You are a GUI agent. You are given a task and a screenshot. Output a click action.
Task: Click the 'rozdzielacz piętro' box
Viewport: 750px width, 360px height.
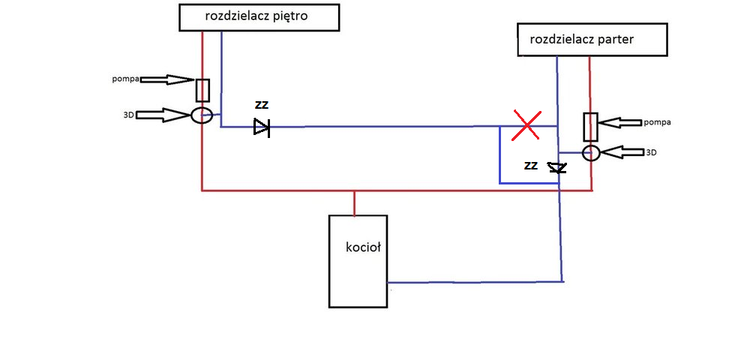click(259, 16)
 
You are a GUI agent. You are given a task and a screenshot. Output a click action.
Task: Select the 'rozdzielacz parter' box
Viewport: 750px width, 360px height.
click(592, 40)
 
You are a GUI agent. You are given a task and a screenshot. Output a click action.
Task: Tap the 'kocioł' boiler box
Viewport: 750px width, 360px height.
click(358, 261)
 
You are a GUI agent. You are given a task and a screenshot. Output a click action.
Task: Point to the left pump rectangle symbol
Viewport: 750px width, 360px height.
click(202, 90)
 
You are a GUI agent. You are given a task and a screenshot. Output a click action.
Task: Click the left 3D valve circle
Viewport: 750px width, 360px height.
click(202, 115)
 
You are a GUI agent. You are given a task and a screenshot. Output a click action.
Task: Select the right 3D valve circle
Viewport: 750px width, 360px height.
click(591, 153)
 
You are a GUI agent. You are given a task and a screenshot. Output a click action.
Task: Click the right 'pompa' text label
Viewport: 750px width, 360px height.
click(657, 121)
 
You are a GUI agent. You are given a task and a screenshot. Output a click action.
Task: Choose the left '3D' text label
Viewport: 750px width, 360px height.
click(129, 115)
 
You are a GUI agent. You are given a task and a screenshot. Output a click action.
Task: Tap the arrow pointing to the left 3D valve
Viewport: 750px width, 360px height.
click(165, 115)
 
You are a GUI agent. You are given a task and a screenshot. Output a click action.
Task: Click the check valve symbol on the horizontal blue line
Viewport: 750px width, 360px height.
click(261, 127)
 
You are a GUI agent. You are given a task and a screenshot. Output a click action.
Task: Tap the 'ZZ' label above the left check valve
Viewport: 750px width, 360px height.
click(261, 105)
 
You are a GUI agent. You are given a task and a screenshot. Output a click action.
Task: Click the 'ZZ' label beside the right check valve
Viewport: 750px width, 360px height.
click(531, 166)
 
